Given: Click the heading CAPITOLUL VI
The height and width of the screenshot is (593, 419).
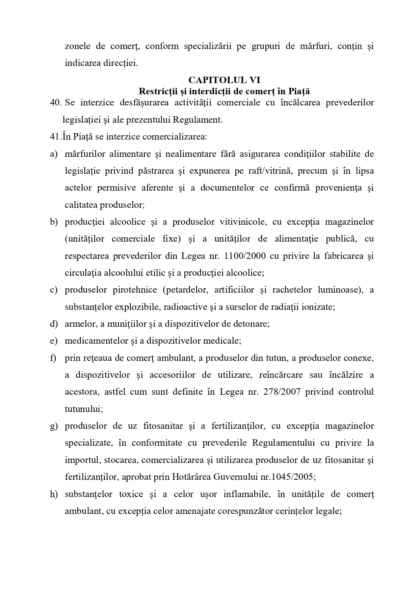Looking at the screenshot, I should pos(224,80).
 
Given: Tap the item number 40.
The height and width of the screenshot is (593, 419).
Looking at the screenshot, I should pos(55,103).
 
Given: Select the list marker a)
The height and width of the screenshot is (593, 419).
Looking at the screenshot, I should pos(54,154).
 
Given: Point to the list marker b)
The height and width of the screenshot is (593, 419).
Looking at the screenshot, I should pos(54,222).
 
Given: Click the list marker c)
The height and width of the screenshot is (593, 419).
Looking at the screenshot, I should pos(54,290).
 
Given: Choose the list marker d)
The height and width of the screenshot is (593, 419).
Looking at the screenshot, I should pos(54,324).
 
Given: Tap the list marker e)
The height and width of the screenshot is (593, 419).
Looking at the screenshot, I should pos(54,341).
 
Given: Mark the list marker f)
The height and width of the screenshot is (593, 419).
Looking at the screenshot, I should pos(53,358).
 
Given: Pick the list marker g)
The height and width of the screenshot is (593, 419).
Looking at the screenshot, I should pos(54,426).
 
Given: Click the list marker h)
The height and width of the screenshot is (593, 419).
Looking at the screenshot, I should pos(54,494).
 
